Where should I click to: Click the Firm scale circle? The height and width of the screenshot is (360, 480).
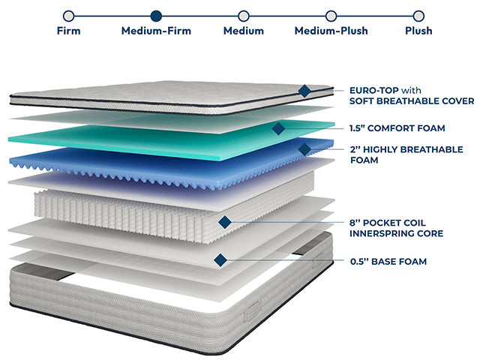coord(68,15)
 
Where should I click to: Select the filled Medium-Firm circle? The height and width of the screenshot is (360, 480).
coord(156,15)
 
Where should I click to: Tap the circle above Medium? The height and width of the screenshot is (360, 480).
coord(243,15)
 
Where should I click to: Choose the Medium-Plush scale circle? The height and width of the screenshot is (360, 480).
coord(331,15)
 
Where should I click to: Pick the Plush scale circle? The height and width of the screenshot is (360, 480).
coord(418,15)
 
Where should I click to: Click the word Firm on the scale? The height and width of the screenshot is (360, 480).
coord(68,31)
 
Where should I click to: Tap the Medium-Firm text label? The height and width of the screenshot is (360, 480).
coord(156,31)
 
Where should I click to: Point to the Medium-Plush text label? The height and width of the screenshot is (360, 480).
coord(331,31)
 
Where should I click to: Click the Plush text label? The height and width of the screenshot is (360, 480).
coord(418,31)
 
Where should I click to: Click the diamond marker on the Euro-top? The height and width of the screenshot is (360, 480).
coord(304,91)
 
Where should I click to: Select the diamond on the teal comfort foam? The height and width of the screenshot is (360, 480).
coord(278,128)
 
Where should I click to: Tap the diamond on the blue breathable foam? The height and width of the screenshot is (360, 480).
coord(304,149)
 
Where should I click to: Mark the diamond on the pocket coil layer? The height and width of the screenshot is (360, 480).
coord(224,221)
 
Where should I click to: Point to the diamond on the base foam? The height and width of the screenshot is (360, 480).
coord(220,260)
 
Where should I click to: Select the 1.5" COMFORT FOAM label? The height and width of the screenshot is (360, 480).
coord(397,128)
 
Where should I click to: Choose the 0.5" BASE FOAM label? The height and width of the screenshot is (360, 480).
coord(388,261)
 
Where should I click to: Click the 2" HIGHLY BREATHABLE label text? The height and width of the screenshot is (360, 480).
coord(406,149)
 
